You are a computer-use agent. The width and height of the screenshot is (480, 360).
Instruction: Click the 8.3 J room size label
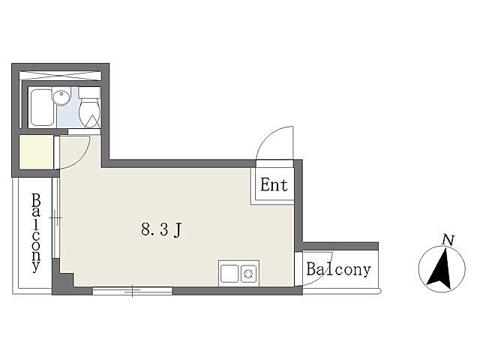pyautogui.click(x=161, y=229)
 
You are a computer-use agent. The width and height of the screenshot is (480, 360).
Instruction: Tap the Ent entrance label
pyautogui.click(x=274, y=184)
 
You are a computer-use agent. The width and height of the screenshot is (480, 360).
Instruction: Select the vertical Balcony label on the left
pyautogui.click(x=36, y=232)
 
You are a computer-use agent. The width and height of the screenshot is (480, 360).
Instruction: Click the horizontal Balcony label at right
pyautogui.click(x=338, y=269)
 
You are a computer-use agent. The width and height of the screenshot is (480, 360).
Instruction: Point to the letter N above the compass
pyautogui.click(x=448, y=240)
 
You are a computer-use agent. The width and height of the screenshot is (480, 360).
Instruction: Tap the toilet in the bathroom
pyautogui.click(x=89, y=107)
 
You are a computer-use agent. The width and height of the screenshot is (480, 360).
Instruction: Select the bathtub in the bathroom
pyautogui.click(x=42, y=107)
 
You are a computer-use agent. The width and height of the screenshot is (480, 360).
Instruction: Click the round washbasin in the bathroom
pyautogui.click(x=61, y=97)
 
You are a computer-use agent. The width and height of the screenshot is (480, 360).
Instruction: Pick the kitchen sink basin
pyautogui.click(x=229, y=273)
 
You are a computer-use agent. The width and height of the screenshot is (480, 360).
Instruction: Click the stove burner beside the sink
pyautogui.click(x=248, y=273)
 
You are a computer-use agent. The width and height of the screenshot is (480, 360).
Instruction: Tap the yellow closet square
pyautogui.click(x=37, y=151)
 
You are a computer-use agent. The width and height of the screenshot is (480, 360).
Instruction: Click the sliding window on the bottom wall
pyautogui.click(x=132, y=291)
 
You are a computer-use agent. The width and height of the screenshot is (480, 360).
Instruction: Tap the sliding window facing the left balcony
pyautogui.click(x=55, y=217)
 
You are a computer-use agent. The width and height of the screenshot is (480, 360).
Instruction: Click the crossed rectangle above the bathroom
pyautogui.click(x=60, y=76)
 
